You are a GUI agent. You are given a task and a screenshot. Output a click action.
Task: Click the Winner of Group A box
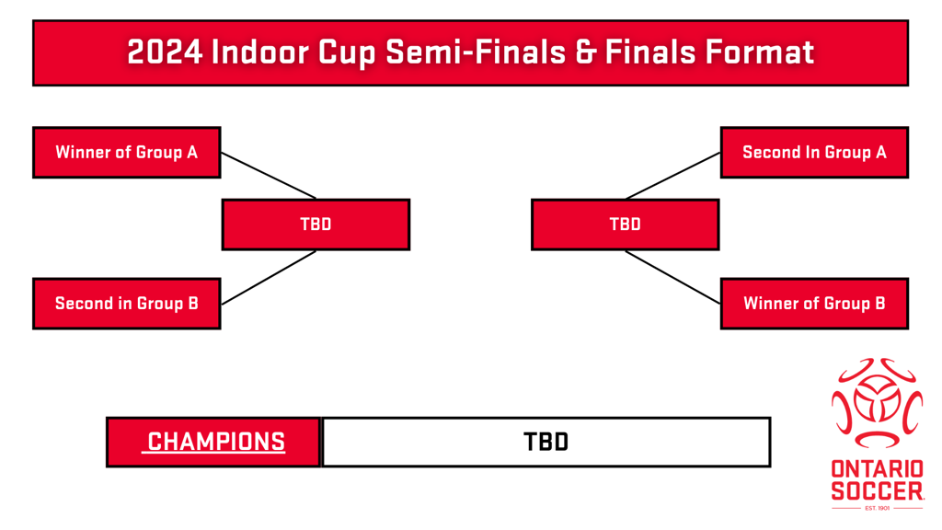click(127, 153)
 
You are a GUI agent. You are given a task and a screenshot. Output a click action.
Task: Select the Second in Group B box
click(127, 304)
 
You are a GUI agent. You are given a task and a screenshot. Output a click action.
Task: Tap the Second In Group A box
click(814, 153)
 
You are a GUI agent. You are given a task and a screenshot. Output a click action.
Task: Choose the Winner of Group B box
click(814, 304)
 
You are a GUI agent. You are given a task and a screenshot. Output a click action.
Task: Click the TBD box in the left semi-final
click(316, 225)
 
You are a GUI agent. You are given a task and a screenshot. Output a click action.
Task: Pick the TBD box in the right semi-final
click(626, 225)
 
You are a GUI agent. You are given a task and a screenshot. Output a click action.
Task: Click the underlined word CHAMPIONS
click(216, 442)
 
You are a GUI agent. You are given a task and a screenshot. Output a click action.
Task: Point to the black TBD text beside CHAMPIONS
click(546, 443)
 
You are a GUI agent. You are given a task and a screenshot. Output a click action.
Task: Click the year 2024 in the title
click(166, 52)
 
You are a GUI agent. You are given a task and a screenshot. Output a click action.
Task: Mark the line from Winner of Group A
click(269, 176)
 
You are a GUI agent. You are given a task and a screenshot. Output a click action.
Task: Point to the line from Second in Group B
click(269, 278)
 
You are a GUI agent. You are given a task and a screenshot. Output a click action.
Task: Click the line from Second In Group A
click(672, 176)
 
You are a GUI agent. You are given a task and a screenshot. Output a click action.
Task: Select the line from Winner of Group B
click(672, 278)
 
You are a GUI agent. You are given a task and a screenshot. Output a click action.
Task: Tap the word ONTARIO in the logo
click(877, 469)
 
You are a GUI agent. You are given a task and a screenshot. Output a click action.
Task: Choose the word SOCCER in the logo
click(877, 491)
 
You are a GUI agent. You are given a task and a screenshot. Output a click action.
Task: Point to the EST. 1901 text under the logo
click(877, 508)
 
